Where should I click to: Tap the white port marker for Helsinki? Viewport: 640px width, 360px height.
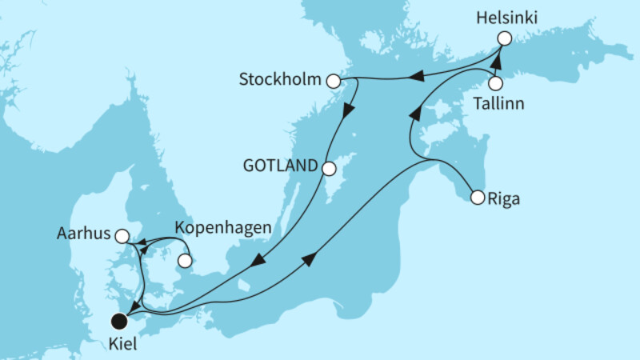tap(504, 38)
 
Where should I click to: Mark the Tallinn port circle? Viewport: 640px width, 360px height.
tap(496, 83)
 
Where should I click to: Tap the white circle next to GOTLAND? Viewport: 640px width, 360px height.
tap(329, 168)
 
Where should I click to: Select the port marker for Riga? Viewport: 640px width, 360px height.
tap(477, 196)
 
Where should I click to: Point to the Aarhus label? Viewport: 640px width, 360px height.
tap(82, 236)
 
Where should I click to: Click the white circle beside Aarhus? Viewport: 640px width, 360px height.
tap(122, 236)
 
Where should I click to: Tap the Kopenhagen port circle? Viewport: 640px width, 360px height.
tap(185, 260)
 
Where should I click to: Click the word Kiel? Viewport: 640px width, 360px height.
tap(120, 345)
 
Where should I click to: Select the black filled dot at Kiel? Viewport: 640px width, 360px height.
tap(120, 322)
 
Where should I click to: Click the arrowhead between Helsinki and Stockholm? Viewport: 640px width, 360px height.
tap(417, 75)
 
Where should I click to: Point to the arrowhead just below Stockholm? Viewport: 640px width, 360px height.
tap(346, 112)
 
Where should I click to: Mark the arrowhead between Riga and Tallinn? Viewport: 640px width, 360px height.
tap(414, 115)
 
